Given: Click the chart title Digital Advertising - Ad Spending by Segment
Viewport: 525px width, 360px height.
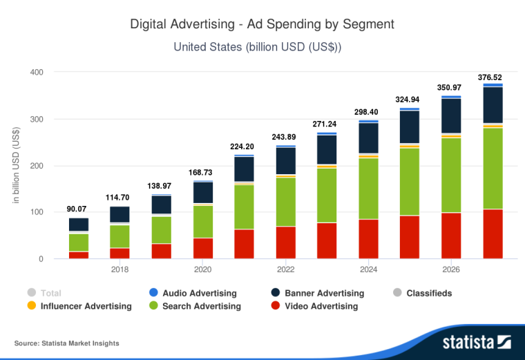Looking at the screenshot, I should coord(262,24).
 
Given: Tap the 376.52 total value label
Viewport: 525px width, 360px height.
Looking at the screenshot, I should coord(493,77).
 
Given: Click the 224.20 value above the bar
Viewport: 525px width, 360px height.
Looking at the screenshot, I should coord(244,146).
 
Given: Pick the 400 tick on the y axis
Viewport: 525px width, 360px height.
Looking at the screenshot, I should coord(37,73).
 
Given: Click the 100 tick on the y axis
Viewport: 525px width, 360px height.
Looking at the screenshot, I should coord(37,213).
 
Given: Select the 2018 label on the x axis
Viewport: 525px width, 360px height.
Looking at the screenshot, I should coord(120,269).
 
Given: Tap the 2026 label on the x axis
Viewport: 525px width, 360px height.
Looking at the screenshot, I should coord(451,269).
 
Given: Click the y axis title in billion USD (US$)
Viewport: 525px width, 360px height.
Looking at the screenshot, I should coord(16,166).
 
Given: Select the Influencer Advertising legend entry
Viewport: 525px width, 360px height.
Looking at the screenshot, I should coord(86,306).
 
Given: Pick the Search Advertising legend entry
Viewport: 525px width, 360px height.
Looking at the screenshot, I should coord(201,306).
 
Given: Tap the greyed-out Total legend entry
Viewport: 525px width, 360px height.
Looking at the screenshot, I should coord(50,293).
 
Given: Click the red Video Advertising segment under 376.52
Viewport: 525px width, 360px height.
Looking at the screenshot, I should coord(493,234).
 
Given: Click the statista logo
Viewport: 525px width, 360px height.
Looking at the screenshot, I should coord(476,341).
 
